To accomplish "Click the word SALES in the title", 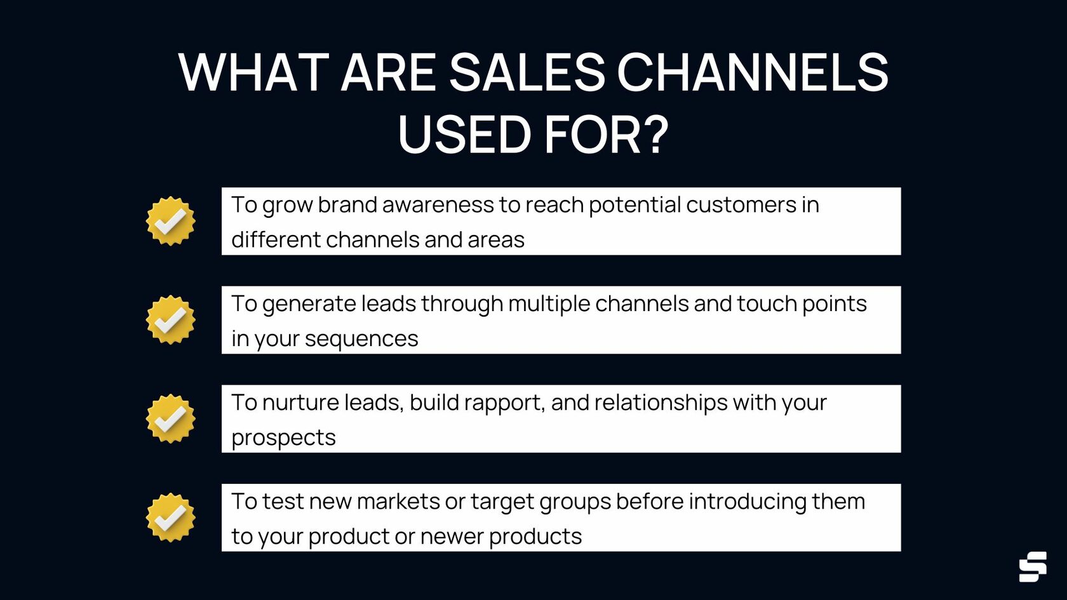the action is coord(527,72).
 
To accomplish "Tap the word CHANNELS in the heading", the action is coord(753,72).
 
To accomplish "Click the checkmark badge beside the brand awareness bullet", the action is coord(170,221).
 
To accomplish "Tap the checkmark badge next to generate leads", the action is coord(170,319).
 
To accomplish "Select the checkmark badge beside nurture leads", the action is coord(170,418).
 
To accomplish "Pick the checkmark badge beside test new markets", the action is coord(170,517).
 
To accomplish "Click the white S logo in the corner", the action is coord(1033,566).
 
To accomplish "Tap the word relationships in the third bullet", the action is coord(661,403).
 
